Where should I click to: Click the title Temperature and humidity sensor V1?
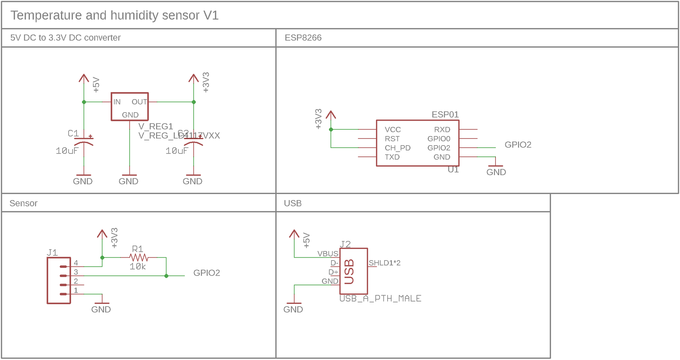pos(115,15)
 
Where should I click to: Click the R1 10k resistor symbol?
pos(139,257)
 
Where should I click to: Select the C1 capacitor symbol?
pos(84,140)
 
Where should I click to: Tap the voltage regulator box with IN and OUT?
pos(130,107)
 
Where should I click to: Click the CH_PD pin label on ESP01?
pos(397,148)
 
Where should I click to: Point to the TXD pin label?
pos(392,157)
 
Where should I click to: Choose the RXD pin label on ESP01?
pos(442,130)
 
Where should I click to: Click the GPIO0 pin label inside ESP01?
pos(439,139)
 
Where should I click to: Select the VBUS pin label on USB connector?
pos(328,254)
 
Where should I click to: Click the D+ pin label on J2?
pos(333,272)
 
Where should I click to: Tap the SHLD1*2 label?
pos(384,263)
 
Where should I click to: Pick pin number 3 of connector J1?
pos(76,272)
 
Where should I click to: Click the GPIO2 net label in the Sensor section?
pos(207,273)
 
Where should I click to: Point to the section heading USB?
pos(293,204)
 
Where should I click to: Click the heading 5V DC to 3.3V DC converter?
pos(65,38)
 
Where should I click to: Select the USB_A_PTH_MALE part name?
pos(380,298)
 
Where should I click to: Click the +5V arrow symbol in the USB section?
pos(294,234)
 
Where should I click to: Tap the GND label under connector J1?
pos(101,309)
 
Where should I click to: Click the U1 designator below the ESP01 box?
pos(453,170)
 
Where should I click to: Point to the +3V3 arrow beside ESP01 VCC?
pos(331,115)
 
